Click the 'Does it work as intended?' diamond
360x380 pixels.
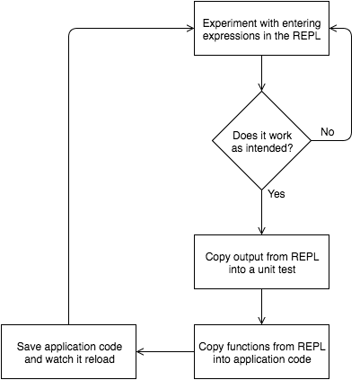(x=261, y=140)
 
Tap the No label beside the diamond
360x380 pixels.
(x=328, y=132)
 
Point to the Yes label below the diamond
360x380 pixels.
(x=277, y=194)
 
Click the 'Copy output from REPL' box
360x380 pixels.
(x=261, y=261)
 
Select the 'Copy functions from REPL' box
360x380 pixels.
(x=261, y=351)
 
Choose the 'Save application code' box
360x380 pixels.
(x=69, y=351)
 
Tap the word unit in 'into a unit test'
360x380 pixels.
(x=267, y=270)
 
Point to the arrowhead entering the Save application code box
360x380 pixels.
(x=140, y=351)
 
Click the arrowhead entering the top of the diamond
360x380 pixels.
(x=261, y=87)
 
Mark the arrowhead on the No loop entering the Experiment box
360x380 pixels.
(x=333, y=29)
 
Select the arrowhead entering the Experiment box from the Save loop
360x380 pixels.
(x=190, y=29)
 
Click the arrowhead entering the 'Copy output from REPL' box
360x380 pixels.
(x=261, y=231)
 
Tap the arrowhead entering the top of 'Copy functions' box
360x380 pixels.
(x=261, y=321)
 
